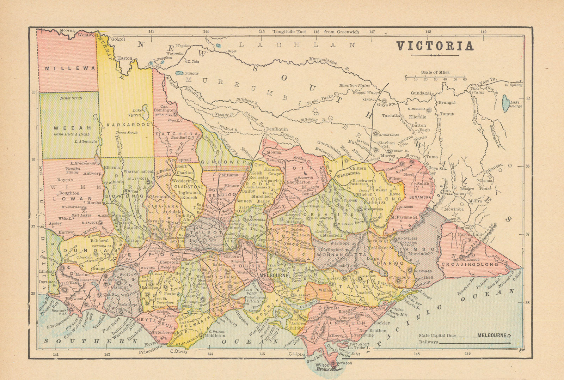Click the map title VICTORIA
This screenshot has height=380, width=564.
coord(435,46)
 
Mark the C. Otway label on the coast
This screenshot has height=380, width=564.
coord(179,351)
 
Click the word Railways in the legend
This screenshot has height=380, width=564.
coord(428,342)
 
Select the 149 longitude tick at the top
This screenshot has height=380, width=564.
coord(483,32)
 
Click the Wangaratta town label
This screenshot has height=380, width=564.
coord(349,174)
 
